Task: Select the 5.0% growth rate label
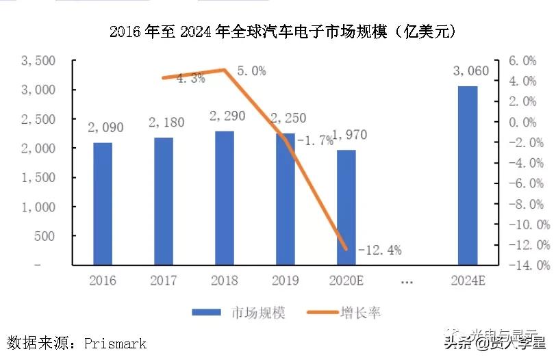tap(251, 71)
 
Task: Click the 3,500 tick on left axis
tap(39, 61)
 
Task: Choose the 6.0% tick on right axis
tap(521, 61)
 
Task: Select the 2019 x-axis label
tap(286, 281)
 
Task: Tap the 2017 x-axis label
tap(163, 281)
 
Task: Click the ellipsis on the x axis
tap(406, 281)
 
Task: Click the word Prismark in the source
tap(115, 343)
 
